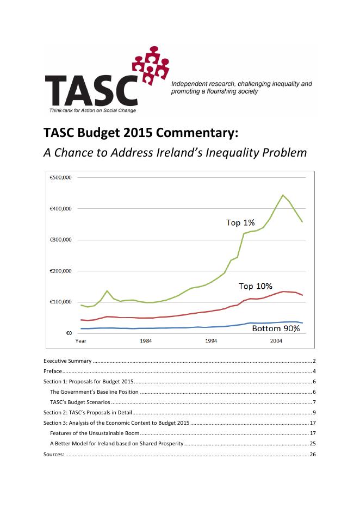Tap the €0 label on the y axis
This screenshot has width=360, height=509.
[69, 333]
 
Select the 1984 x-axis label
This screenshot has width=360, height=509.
[146, 341]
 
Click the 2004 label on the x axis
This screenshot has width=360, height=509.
[276, 341]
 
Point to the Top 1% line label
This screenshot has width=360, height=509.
[240, 222]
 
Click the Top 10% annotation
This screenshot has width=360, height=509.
[256, 286]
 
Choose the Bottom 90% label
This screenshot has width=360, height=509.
[276, 328]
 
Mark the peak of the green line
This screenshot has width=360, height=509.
[283, 195]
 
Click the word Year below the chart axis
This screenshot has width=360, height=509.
[80, 341]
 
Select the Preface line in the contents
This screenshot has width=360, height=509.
[53, 371]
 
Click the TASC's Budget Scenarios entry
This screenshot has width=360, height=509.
[80, 402]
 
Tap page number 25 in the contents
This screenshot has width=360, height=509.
[313, 444]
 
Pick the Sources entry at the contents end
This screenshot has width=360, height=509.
[54, 454]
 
